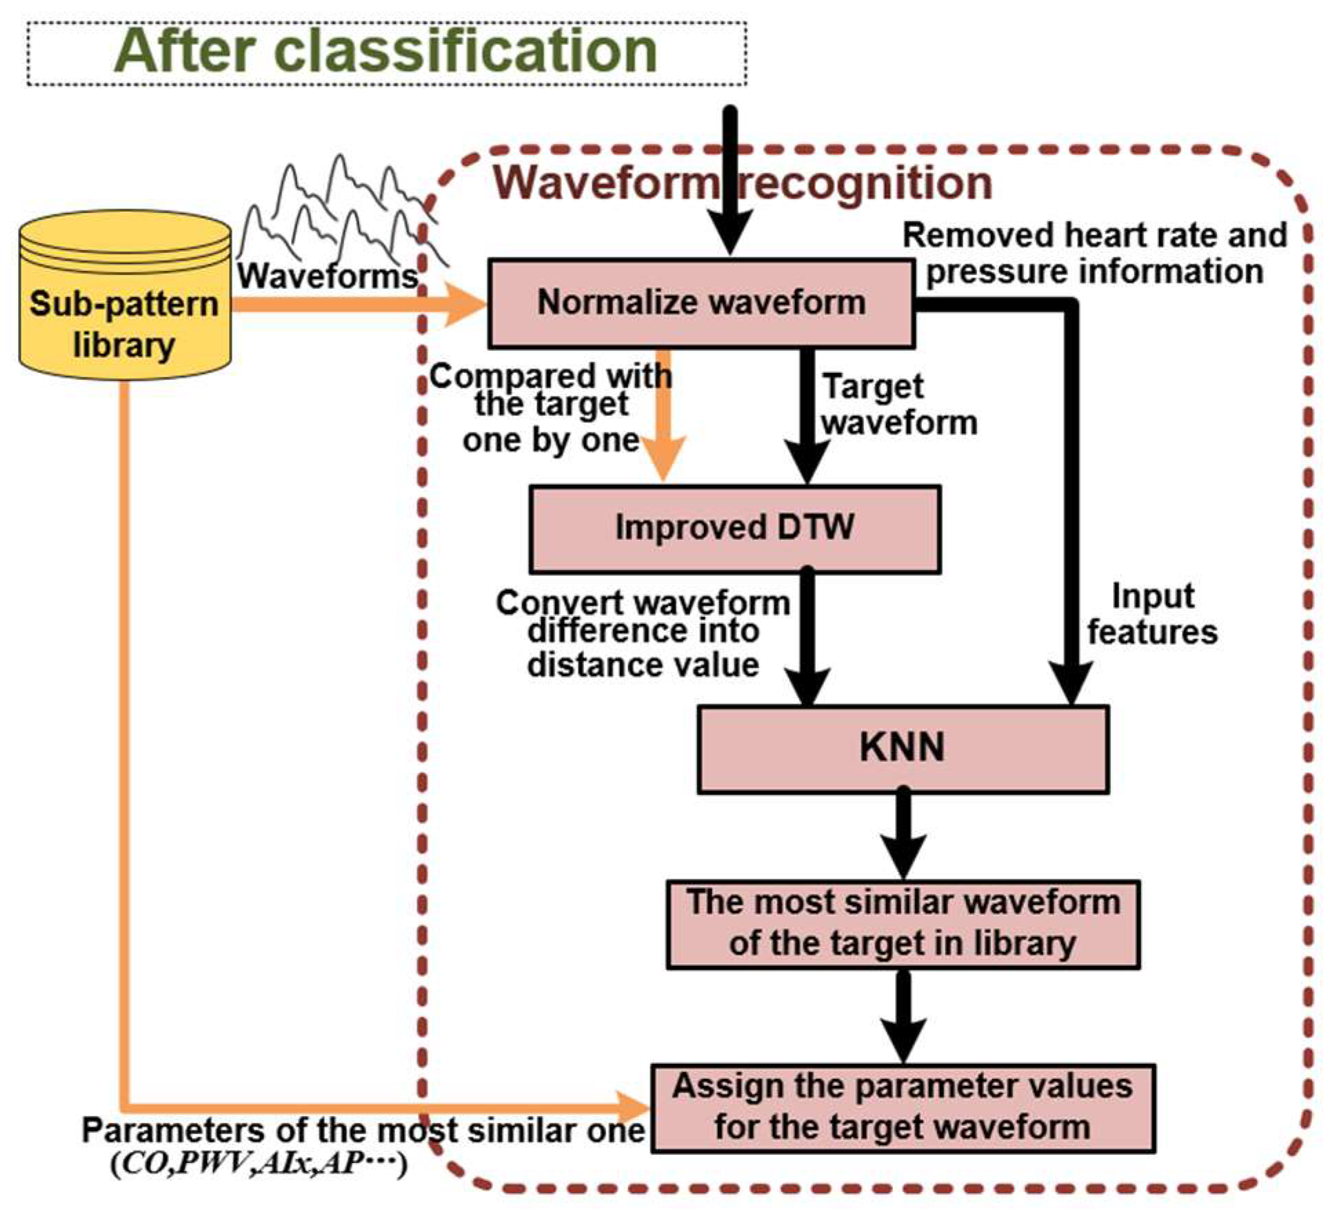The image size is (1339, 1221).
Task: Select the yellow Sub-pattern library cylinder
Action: click(125, 295)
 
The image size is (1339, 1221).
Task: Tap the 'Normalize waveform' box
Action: click(701, 303)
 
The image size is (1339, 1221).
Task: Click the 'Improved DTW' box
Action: click(735, 529)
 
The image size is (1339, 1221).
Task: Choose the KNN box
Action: click(903, 749)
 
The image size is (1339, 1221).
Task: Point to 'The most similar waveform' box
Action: click(903, 924)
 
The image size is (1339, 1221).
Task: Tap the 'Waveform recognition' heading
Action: click(743, 183)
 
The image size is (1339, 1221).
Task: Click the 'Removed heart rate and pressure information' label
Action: click(1095, 253)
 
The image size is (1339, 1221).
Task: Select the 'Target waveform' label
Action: click(900, 405)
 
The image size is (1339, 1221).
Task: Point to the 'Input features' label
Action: click(1152, 614)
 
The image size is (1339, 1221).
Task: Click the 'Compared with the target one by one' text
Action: click(551, 408)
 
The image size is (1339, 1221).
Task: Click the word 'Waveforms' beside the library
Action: click(328, 276)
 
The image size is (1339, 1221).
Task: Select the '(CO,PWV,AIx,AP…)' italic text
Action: click(259, 1164)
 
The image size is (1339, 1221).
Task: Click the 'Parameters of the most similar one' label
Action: click(363, 1131)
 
